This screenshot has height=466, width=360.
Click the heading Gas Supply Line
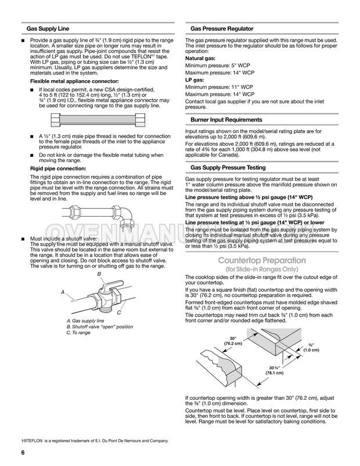pyautogui.click(x=48, y=29)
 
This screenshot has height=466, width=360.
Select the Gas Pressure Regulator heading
pyautogui.click(x=222, y=29)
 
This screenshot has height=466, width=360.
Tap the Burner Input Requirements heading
pyautogui.click(x=226, y=120)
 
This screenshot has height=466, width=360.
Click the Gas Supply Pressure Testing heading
pyautogui.click(x=228, y=167)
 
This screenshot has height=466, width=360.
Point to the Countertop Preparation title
pyautogui.click(x=262, y=260)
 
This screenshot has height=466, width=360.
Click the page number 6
pyautogui.click(x=23, y=453)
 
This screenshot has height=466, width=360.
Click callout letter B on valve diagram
pyautogui.click(x=99, y=274)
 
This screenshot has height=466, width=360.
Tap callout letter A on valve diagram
pyautogui.click(x=63, y=292)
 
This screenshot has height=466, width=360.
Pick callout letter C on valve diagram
pyautogui.click(x=119, y=313)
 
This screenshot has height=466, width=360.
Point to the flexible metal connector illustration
pyautogui.click(x=98, y=120)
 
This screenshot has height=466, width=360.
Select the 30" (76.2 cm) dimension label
pyautogui.click(x=233, y=341)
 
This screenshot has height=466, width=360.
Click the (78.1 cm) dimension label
pyautogui.click(x=275, y=372)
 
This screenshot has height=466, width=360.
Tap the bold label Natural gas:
pyautogui.click(x=200, y=59)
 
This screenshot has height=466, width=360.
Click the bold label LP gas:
pyautogui.click(x=195, y=80)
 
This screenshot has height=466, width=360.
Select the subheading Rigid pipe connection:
pyautogui.click(x=58, y=169)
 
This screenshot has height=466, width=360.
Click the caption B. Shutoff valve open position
pyautogui.click(x=99, y=327)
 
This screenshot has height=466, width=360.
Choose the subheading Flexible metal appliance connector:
pyautogui.click(x=74, y=81)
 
